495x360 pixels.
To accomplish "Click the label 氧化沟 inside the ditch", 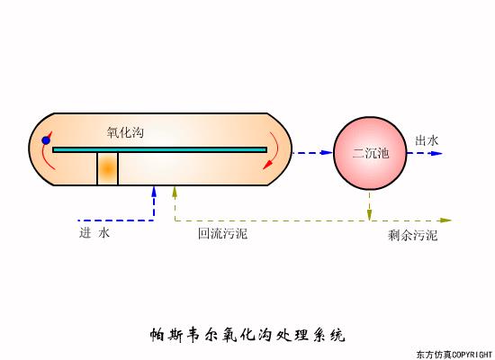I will [125, 132].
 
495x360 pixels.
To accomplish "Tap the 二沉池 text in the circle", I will [371, 154].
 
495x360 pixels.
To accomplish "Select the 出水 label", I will [427, 140].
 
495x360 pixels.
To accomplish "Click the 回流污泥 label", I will [222, 234].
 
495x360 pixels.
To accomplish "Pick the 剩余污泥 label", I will [413, 236].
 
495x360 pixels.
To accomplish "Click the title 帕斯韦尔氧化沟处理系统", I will [247, 336].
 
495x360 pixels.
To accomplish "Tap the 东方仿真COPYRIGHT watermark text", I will [454, 354].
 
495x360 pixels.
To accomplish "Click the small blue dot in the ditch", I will [46, 139].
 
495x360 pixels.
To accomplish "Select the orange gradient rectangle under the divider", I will [108, 169].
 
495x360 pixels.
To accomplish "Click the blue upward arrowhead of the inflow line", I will [154, 191].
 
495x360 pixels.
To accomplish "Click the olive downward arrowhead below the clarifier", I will [369, 215].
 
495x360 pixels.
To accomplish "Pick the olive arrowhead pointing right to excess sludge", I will [447, 220].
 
